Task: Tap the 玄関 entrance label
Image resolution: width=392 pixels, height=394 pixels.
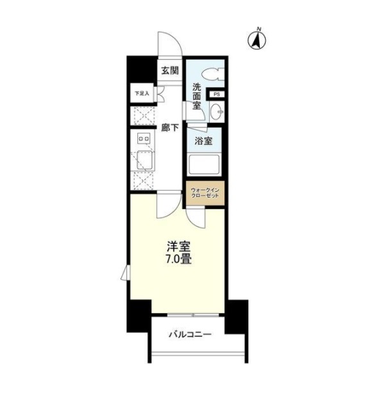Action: click(170, 71)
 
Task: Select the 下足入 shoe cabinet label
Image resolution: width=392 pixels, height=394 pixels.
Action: click(142, 94)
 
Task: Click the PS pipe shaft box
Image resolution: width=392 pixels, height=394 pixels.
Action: click(216, 94)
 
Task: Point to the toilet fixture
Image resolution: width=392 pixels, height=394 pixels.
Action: click(212, 74)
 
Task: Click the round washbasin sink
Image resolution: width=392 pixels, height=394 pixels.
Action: click(216, 111)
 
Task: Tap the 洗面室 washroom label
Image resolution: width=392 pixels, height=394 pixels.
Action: click(197, 96)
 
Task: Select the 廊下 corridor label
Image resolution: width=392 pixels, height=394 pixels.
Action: click(170, 128)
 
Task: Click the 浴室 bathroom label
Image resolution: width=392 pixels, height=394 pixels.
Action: click(203, 141)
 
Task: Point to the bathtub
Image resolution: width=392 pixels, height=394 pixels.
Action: click(203, 164)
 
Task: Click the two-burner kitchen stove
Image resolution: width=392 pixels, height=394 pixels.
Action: click(144, 139)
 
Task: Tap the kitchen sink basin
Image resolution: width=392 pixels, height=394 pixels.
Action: click(145, 160)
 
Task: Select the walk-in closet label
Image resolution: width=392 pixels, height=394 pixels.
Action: click(205, 193)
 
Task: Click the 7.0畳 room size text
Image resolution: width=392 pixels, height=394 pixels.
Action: click(178, 259)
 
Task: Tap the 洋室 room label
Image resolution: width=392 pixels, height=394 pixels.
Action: click(178, 247)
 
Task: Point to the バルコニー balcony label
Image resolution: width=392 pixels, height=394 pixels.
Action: click(190, 334)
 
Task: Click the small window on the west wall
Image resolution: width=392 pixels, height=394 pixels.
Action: click(125, 272)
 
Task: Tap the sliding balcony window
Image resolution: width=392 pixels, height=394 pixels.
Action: click(193, 315)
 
